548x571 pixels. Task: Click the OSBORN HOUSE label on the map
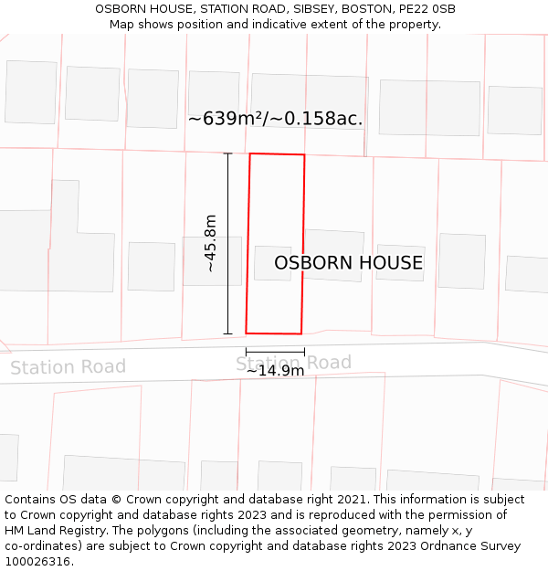[348, 263]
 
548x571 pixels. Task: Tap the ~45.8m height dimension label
[210, 243]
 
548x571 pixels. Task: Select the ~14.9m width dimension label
[275, 371]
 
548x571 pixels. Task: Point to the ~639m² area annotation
[275, 119]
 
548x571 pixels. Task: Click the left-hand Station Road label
[68, 367]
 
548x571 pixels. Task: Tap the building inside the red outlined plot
[272, 263]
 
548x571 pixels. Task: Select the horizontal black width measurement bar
[275, 352]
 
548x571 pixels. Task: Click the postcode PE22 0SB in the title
[429, 9]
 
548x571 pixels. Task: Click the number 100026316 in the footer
[37, 561]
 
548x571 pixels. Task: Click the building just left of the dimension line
[151, 266]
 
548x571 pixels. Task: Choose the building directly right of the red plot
[333, 255]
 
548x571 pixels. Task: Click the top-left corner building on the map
[30, 91]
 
